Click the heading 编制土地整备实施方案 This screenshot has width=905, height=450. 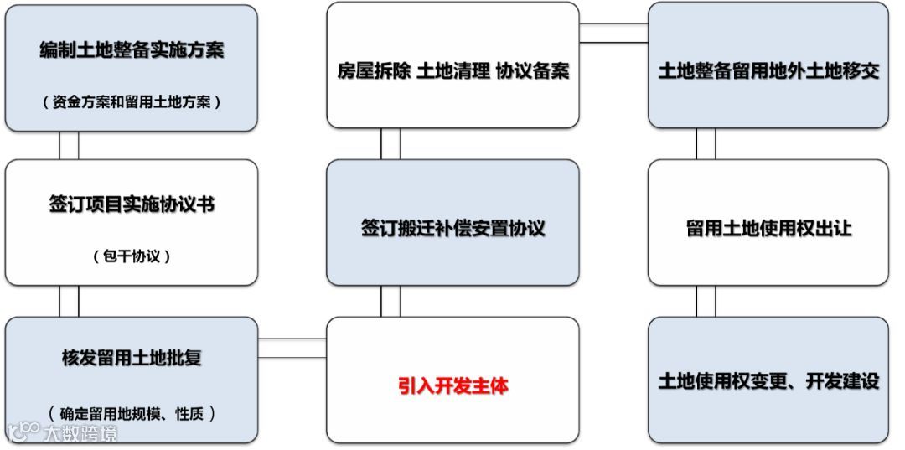click(x=132, y=50)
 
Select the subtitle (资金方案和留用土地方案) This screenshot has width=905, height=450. click(x=132, y=102)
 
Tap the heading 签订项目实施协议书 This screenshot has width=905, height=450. click(x=132, y=206)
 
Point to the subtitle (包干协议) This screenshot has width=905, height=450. click(x=132, y=256)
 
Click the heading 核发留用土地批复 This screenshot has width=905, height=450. click(x=132, y=359)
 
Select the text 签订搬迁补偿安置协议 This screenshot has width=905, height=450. click(x=452, y=229)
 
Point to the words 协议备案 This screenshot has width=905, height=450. click(x=532, y=71)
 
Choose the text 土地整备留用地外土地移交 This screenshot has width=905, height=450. click(x=768, y=71)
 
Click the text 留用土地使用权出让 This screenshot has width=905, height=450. click(x=768, y=229)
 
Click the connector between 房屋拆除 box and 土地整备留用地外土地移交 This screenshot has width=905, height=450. click(x=613, y=34)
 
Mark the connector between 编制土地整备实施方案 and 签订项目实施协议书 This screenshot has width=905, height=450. click(x=69, y=145)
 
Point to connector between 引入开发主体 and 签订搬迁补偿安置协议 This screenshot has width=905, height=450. click(x=390, y=301)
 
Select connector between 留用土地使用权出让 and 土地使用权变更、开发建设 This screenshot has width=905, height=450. click(x=706, y=301)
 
